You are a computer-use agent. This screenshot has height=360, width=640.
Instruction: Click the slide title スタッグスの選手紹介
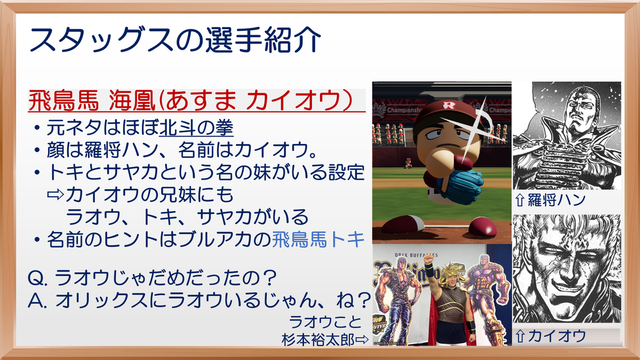coord(175,40)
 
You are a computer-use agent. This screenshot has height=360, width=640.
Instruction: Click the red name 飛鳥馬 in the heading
coord(63,101)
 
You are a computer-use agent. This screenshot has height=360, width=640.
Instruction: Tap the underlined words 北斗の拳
coord(196,127)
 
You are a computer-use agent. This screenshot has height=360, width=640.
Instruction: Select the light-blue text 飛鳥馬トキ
coord(318,239)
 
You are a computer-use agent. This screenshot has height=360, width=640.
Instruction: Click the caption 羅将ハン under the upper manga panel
coord(556,199)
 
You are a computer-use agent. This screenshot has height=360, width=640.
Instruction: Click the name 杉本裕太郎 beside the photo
coord(318,340)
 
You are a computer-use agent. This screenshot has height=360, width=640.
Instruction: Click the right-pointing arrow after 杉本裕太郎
coord(362,340)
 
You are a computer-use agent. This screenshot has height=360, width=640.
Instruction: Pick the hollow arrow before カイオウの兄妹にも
coord(55,195)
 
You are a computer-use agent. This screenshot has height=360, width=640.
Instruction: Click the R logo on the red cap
coord(449,106)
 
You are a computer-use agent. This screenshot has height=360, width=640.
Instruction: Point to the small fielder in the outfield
coord(407,163)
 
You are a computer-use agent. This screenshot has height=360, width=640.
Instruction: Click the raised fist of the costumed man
coord(428,259)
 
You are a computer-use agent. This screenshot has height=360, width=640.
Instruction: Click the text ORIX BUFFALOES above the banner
coord(417,255)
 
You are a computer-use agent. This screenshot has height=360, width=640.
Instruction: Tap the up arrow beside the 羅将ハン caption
coord(519,200)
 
